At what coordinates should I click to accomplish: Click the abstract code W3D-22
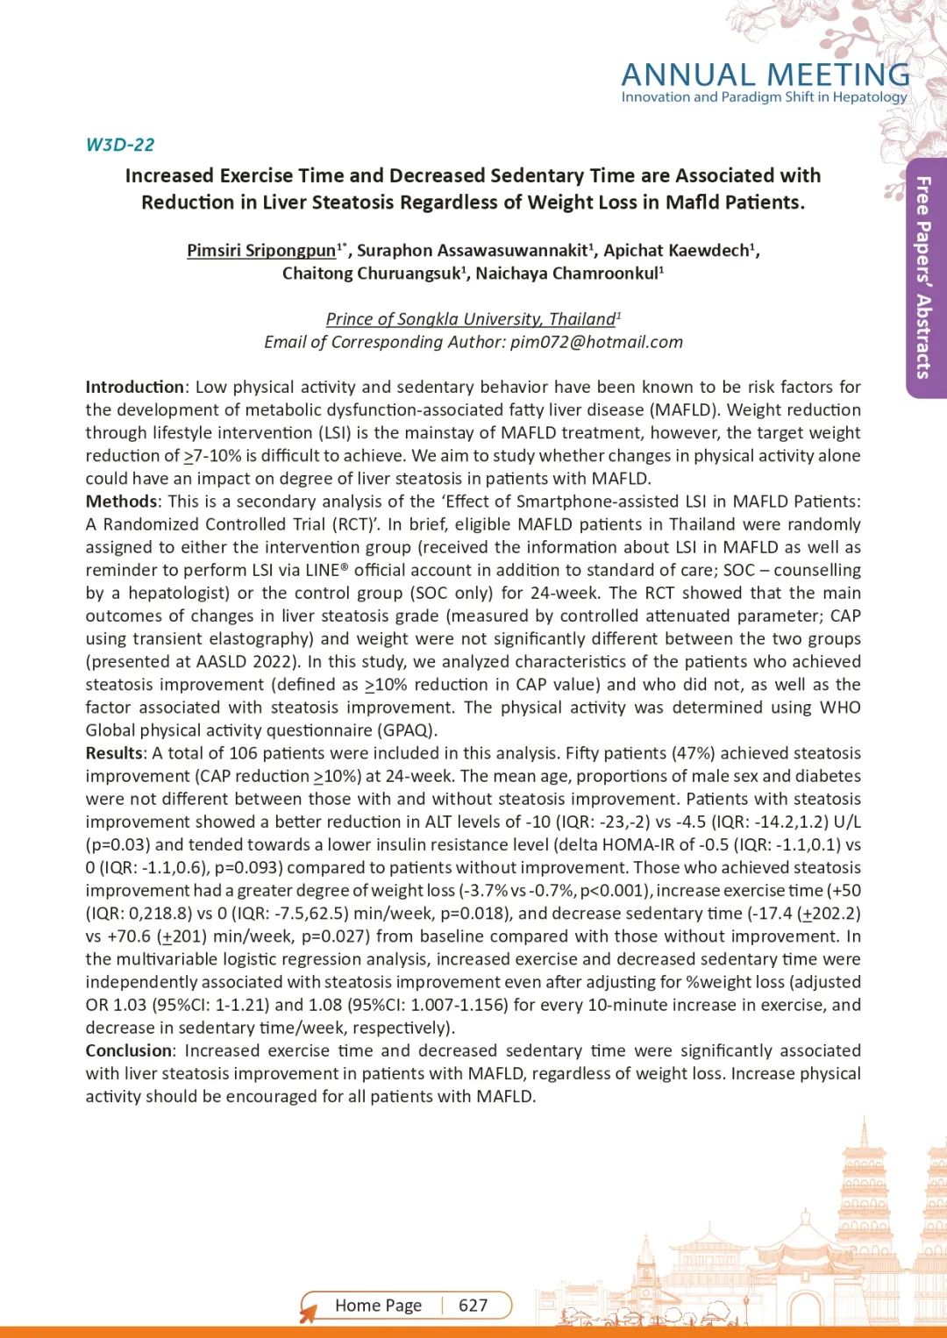[x=120, y=145]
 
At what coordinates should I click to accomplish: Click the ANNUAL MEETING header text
[x=765, y=75]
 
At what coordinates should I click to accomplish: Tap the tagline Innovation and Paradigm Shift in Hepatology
[x=764, y=97]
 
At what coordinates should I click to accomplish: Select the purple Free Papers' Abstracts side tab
[x=924, y=277]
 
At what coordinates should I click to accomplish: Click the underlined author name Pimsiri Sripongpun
[x=261, y=250]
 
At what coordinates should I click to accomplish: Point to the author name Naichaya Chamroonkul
[x=566, y=274]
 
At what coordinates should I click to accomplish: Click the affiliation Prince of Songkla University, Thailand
[x=471, y=319]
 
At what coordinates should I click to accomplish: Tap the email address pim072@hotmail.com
[x=596, y=342]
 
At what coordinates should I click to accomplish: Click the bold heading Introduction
[x=134, y=387]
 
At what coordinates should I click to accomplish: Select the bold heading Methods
[x=121, y=502]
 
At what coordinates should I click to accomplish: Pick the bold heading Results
[x=114, y=753]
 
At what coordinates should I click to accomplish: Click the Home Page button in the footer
[x=378, y=1306]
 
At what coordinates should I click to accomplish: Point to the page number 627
[x=473, y=1306]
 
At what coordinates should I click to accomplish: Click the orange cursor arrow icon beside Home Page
[x=308, y=1313]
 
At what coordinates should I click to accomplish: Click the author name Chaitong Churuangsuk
[x=371, y=274]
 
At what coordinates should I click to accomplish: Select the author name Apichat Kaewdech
[x=677, y=250]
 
